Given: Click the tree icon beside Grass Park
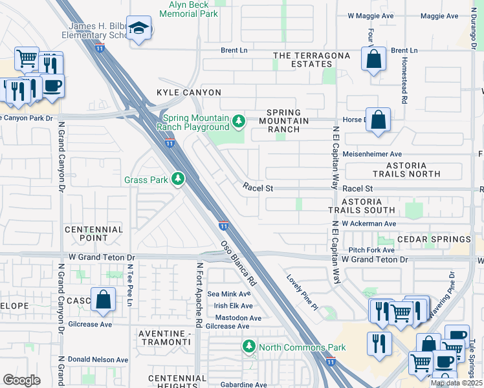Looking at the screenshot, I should click(x=177, y=178).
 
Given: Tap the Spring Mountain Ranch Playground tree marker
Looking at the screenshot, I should click(x=239, y=121).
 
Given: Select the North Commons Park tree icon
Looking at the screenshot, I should click(x=248, y=347).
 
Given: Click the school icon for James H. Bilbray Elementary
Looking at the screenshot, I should click(x=138, y=28).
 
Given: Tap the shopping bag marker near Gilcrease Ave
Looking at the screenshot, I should click(x=103, y=299).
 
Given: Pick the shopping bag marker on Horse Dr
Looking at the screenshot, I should click(x=378, y=120).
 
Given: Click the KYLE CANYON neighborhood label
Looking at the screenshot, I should click(x=189, y=92).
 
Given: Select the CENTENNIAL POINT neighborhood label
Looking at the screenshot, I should click(x=94, y=233).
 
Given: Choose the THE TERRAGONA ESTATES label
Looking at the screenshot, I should click(x=311, y=60).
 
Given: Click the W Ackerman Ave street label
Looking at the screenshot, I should click(x=369, y=224).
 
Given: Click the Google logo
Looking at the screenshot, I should click(x=21, y=380).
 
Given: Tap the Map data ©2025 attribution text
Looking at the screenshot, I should click(x=456, y=383).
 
